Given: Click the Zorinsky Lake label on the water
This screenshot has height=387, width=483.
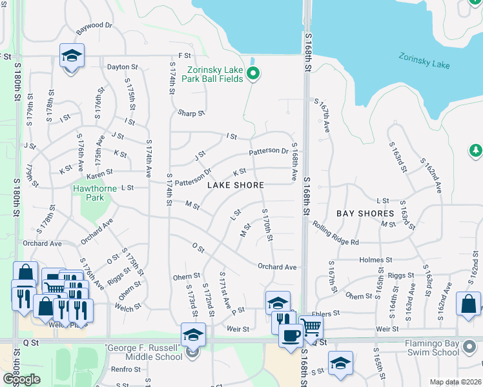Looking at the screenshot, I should pos(424,61).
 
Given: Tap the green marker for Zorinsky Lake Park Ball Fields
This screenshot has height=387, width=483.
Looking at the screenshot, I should pos(254,75).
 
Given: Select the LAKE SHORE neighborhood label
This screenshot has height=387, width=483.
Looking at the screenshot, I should pos(235,185).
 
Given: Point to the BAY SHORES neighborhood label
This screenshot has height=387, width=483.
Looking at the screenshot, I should pos(365,213).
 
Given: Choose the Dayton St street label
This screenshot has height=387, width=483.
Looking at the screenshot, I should pos(123,66).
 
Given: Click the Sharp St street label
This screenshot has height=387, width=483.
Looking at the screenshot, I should pos(192,113).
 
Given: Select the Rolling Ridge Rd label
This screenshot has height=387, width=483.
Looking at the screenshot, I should pos(335,233).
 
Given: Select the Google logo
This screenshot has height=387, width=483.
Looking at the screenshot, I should pos(21,379).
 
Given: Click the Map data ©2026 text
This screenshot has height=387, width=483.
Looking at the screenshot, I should pos(455,382).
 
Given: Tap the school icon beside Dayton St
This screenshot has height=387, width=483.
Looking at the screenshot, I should pos(72,55).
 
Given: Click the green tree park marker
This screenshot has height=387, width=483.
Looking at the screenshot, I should pos(475,150).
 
